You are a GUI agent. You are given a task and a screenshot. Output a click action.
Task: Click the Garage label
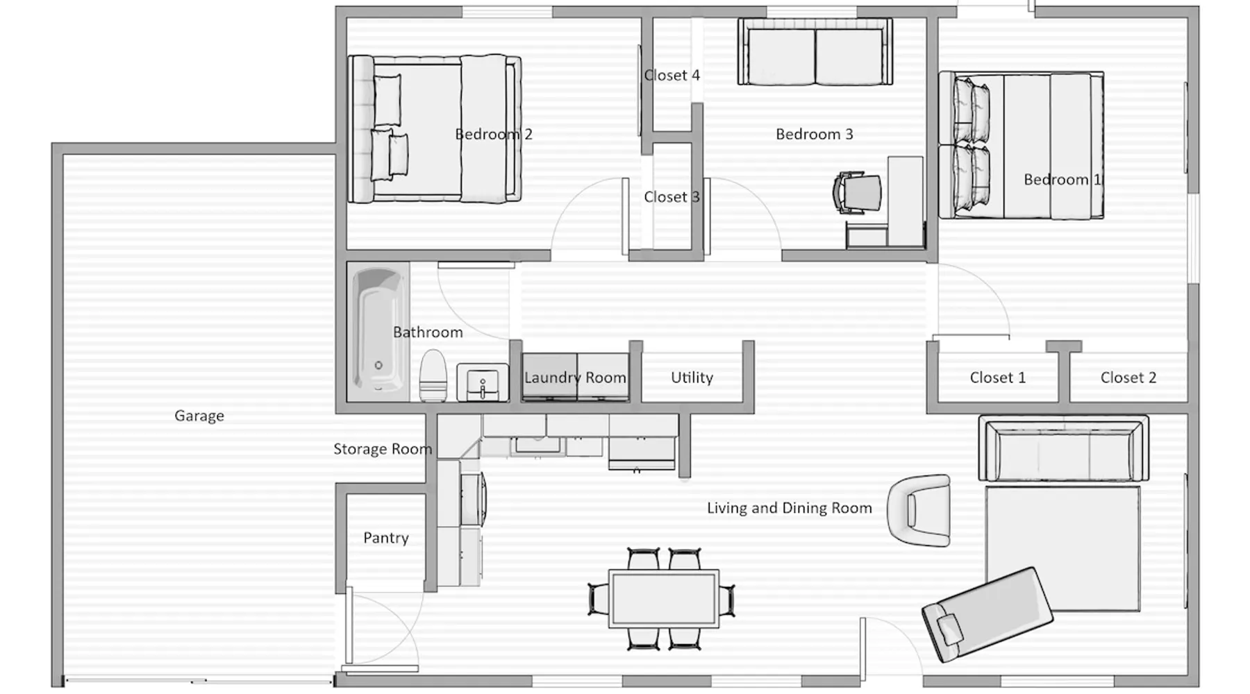pos(199,416)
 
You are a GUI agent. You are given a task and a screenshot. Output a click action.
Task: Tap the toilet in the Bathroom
pos(433,376)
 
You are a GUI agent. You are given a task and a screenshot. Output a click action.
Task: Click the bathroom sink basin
pos(483,382)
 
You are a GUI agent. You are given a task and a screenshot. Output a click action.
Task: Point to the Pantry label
pos(386,538)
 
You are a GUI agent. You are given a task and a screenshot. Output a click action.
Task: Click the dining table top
pos(664,598)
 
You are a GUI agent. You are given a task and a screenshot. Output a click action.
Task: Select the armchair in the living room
pos(919,510)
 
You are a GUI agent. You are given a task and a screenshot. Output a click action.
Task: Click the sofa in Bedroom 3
pos(815,51)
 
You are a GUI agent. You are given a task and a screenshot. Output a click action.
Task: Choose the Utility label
pos(692,378)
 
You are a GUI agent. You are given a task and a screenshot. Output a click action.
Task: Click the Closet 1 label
pos(998,378)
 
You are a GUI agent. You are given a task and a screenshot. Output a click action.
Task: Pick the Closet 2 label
pos(1128,378)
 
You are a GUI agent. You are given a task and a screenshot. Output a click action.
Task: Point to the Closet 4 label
pos(672,75)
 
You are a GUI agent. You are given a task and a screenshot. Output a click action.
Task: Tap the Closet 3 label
pos(672,197)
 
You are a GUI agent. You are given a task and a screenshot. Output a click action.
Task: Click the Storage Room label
pos(383,449)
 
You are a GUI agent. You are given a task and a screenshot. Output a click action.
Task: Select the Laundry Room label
pos(575,378)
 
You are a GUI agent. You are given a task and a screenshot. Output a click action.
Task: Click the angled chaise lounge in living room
pos(987,614)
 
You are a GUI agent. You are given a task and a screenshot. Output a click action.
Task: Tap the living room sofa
pos(1063,448)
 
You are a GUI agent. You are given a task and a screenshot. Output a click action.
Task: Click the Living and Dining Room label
pos(790,508)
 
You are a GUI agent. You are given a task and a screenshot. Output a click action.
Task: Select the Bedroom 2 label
pos(494,134)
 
